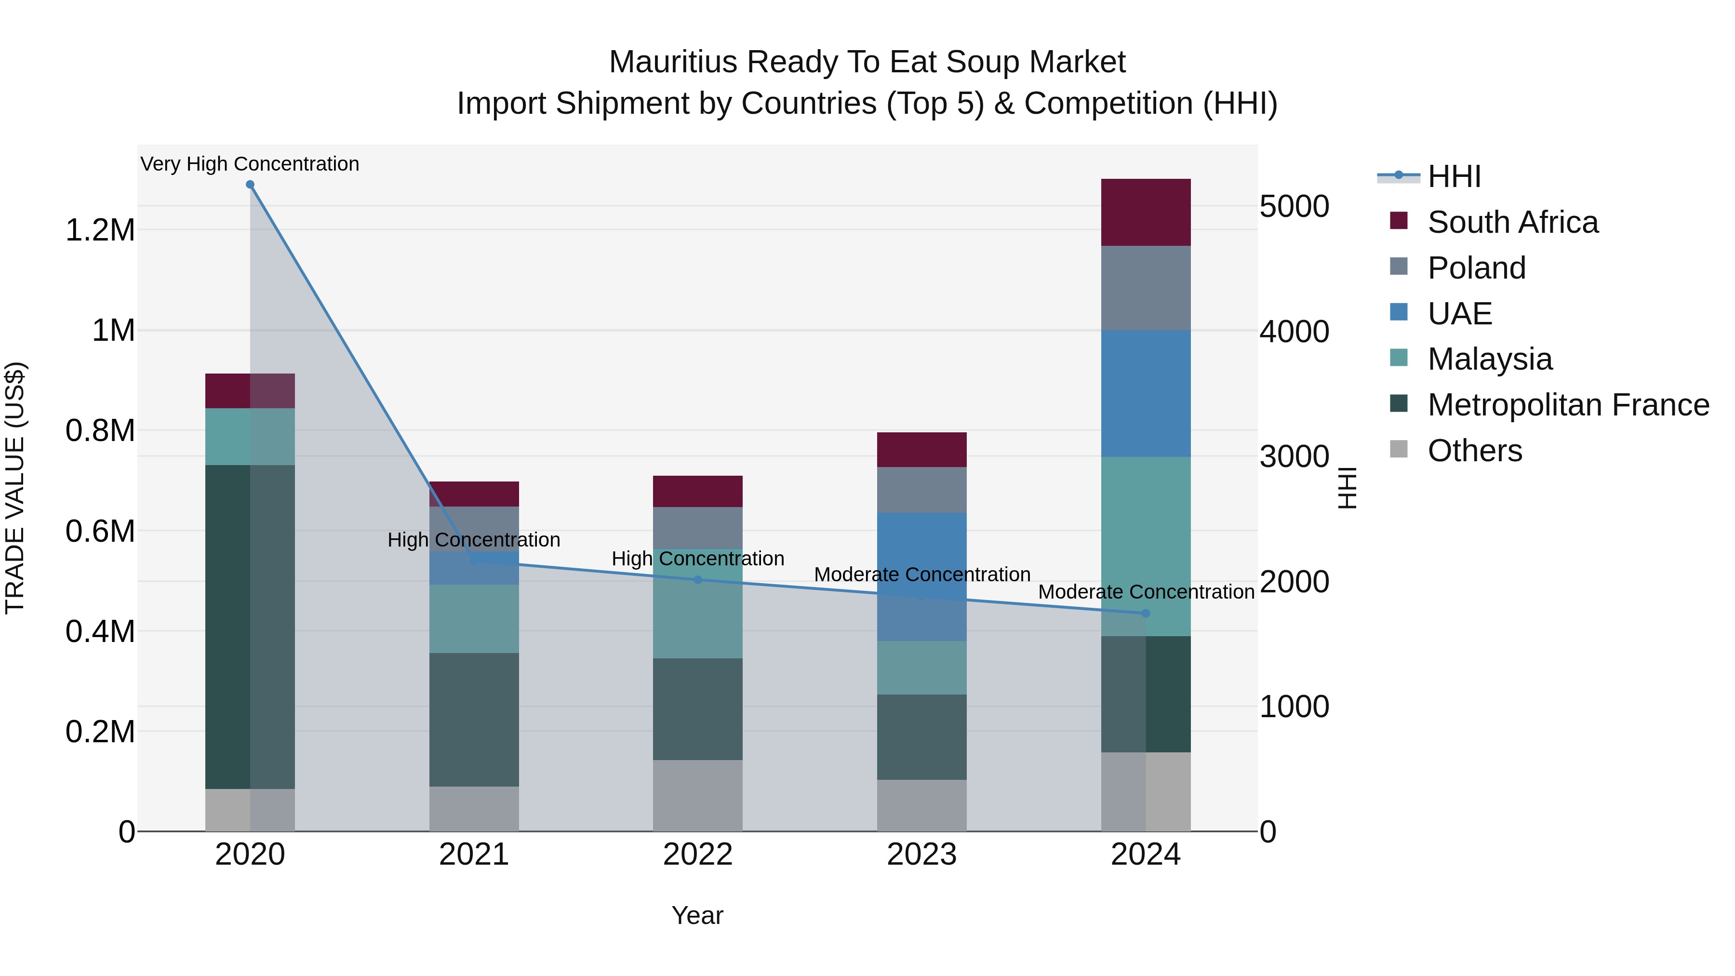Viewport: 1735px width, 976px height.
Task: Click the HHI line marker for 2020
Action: coord(250,184)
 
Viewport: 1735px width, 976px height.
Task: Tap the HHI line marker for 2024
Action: coord(1146,613)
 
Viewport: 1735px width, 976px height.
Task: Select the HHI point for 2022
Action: coord(698,579)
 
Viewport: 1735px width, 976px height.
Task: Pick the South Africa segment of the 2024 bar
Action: coord(1146,212)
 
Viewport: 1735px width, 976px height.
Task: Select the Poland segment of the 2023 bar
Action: coord(921,490)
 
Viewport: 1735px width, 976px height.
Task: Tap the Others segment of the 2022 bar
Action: coord(698,795)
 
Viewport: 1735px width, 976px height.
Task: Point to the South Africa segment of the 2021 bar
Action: coord(474,494)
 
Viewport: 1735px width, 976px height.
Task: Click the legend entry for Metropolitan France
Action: coord(1568,405)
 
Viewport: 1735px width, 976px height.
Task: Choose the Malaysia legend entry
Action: coord(1489,359)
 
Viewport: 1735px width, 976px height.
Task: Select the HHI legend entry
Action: coord(1454,176)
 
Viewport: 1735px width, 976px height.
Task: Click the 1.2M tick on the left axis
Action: coord(100,230)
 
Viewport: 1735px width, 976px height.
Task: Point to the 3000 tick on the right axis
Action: coord(1294,457)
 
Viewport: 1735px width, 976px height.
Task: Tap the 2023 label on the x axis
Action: coord(921,855)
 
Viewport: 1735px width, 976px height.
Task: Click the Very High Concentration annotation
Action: coord(250,164)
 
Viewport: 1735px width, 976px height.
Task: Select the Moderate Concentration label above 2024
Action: coord(1146,592)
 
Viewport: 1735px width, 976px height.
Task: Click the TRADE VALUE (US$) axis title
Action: coord(15,488)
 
